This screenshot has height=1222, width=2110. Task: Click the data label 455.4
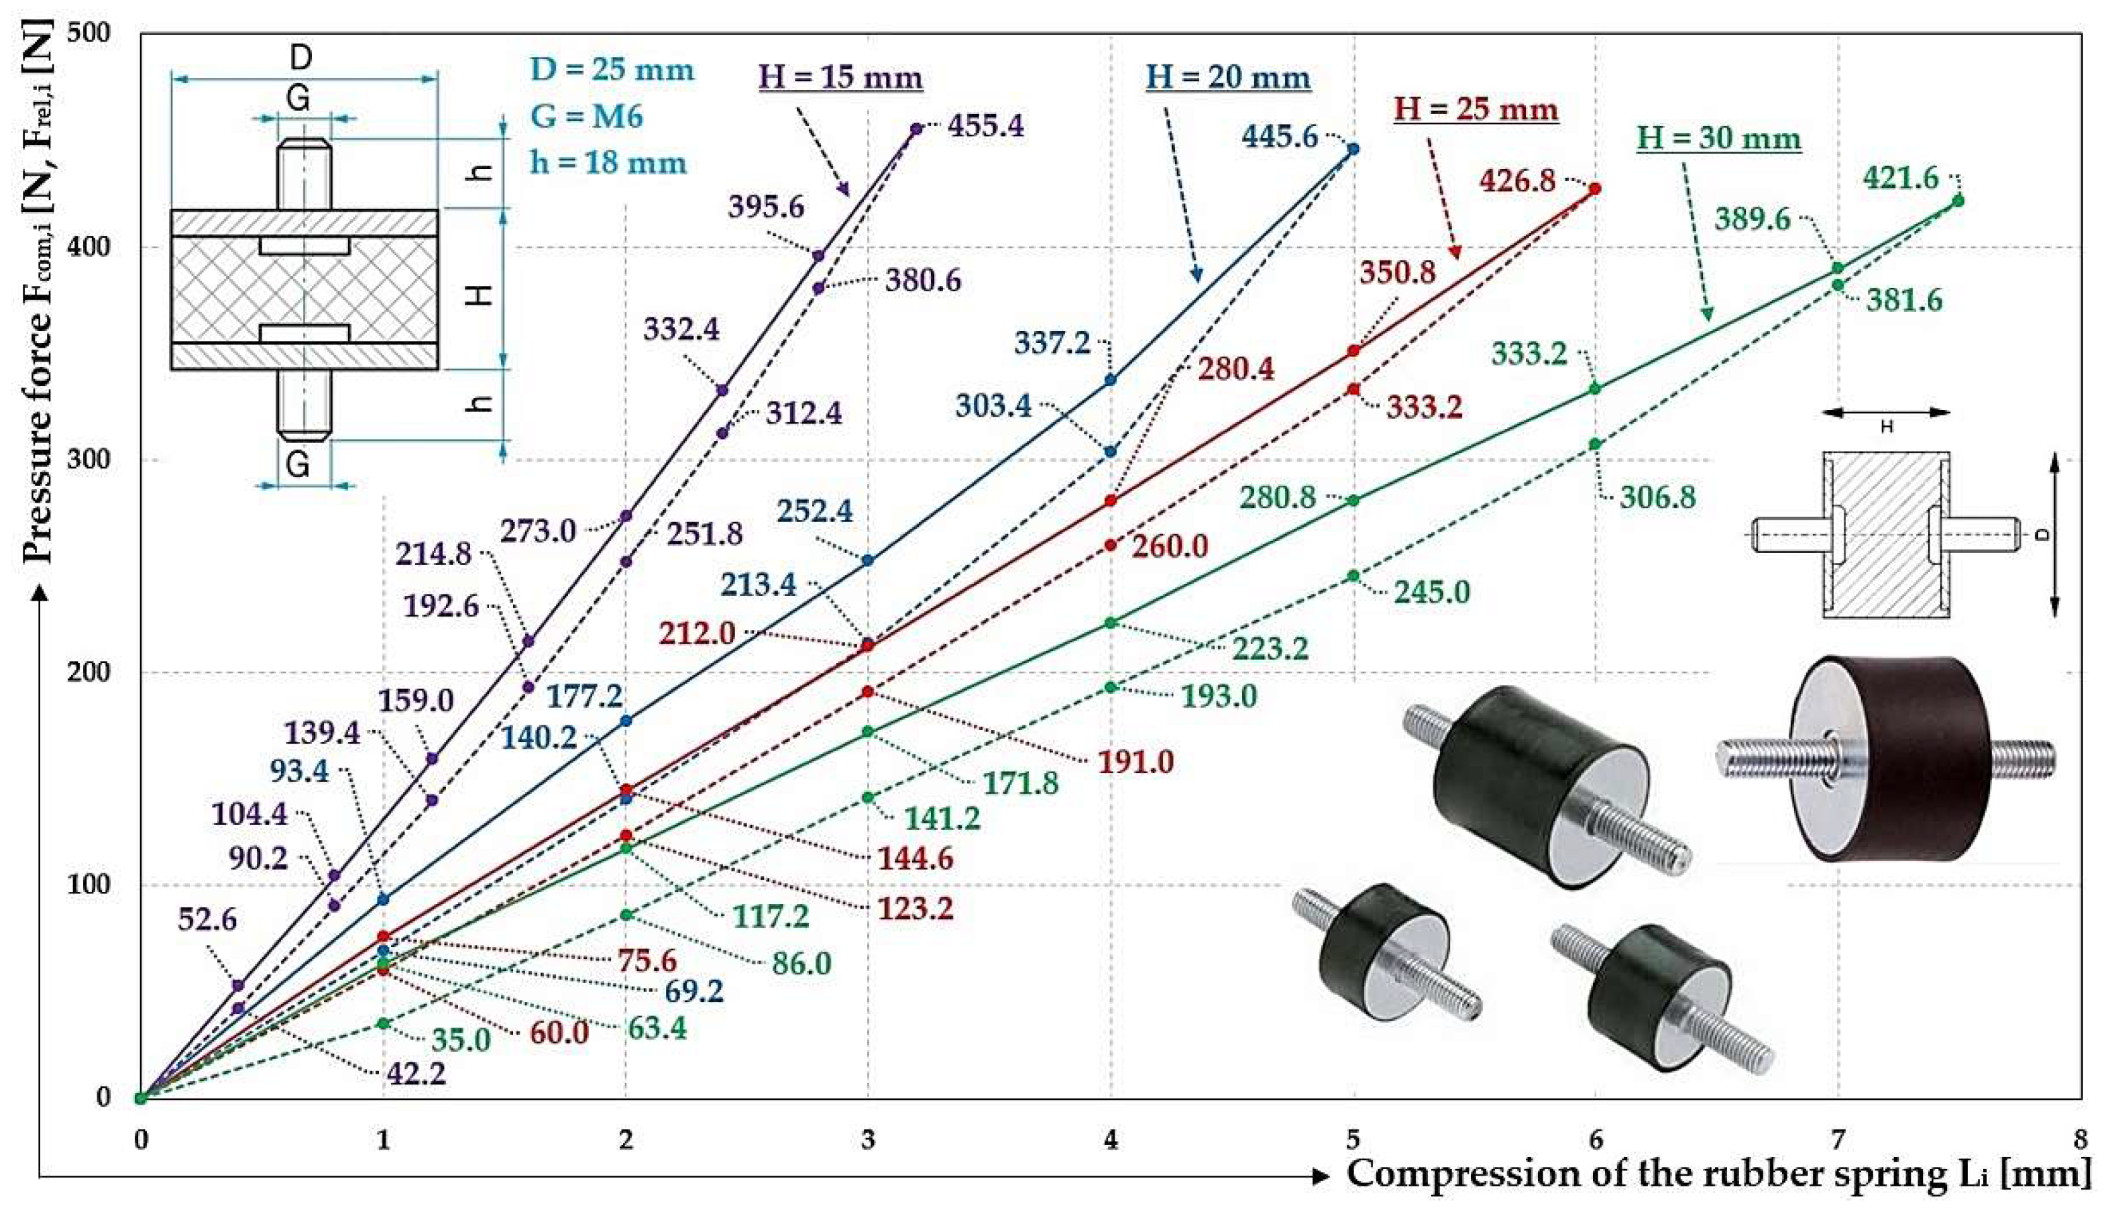coord(985,126)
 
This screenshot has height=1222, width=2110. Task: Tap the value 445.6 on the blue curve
coord(1280,136)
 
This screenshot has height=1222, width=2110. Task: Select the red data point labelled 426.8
coord(1595,189)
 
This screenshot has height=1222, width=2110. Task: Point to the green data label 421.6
coord(1901,179)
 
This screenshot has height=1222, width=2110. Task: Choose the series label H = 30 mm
coord(1719,138)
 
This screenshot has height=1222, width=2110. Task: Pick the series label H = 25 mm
coord(1476,110)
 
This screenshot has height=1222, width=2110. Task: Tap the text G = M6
coord(586,115)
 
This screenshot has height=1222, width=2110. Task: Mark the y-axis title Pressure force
coord(38,293)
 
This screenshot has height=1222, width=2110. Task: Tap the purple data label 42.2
coord(416,1073)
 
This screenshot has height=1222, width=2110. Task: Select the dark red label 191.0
coord(1135,762)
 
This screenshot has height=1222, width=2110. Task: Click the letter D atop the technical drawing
coord(300,58)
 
